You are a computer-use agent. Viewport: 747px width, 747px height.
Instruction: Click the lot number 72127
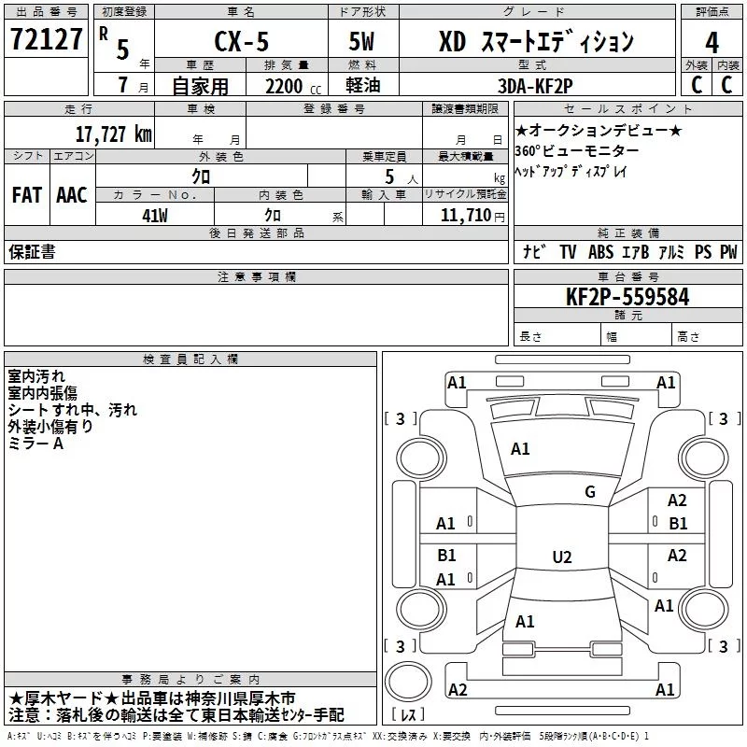[46, 39]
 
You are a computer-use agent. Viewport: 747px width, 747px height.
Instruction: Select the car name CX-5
[242, 41]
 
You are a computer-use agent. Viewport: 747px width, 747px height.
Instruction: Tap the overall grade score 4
[712, 43]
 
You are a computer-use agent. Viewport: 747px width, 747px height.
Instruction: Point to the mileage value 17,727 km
[113, 134]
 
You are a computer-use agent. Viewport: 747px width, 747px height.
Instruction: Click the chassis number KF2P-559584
[627, 297]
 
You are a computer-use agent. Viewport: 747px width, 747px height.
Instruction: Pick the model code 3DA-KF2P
[535, 86]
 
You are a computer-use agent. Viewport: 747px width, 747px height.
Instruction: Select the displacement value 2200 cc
[293, 86]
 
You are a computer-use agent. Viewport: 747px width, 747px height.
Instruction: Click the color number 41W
[155, 216]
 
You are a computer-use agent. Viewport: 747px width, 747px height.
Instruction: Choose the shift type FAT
[27, 195]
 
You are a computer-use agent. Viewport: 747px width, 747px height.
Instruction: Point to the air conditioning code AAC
[72, 195]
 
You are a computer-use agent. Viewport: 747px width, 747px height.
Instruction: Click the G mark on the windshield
[590, 492]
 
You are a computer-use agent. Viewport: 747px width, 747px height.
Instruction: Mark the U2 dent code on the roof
[562, 557]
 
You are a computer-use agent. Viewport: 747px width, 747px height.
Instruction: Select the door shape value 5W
[361, 41]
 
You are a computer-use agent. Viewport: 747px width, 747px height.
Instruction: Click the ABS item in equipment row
[600, 252]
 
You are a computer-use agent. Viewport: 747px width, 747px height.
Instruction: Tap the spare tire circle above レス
[408, 681]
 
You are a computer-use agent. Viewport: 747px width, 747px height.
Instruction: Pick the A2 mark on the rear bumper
[458, 689]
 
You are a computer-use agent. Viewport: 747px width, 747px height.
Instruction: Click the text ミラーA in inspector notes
[35, 444]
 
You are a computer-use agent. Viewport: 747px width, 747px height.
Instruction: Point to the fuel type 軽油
[363, 85]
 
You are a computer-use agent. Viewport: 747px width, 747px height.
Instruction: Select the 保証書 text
[32, 251]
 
